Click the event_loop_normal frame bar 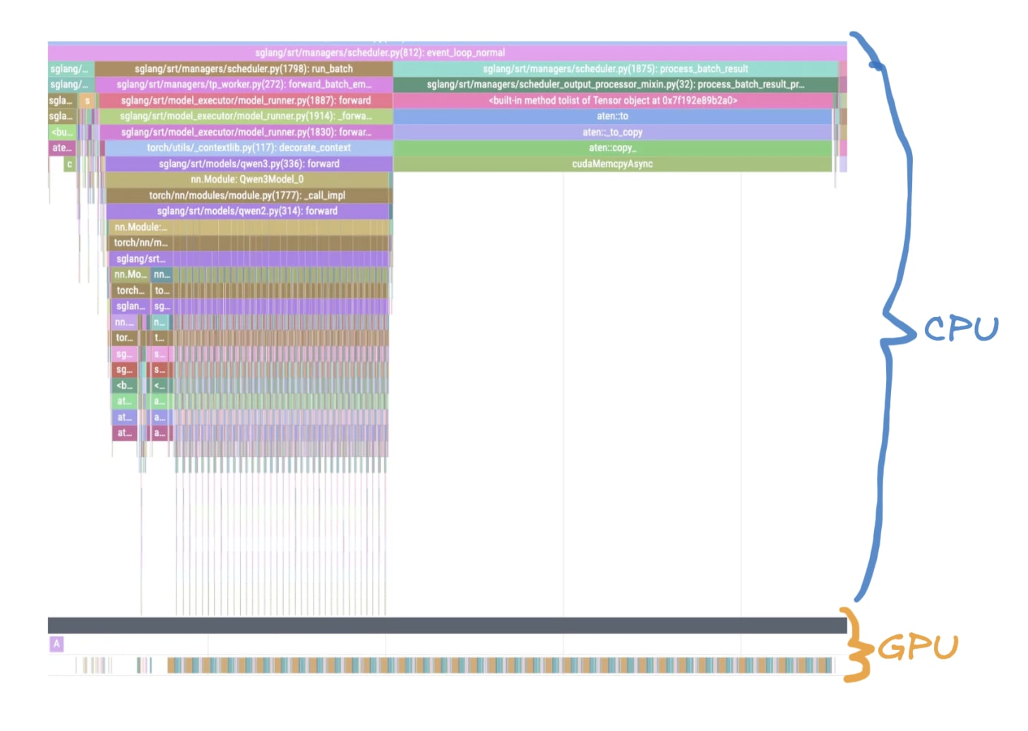(x=380, y=53)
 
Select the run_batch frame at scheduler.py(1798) (x=244, y=69)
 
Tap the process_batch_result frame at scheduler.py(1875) (x=615, y=69)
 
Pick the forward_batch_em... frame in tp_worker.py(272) (x=244, y=85)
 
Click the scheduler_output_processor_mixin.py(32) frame (x=615, y=85)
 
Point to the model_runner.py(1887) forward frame (x=245, y=101)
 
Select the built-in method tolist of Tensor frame (x=612, y=101)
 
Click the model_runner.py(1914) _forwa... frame (x=245, y=117)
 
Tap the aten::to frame (x=612, y=117)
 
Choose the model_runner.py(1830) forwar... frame (x=245, y=132)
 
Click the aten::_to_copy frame (x=612, y=132)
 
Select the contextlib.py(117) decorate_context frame (x=249, y=148)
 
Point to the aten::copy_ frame (x=612, y=148)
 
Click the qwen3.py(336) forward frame (x=249, y=164)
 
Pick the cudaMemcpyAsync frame (x=612, y=164)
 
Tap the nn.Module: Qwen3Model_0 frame (x=247, y=179)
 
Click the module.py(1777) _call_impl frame (x=247, y=196)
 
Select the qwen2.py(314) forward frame (x=247, y=211)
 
